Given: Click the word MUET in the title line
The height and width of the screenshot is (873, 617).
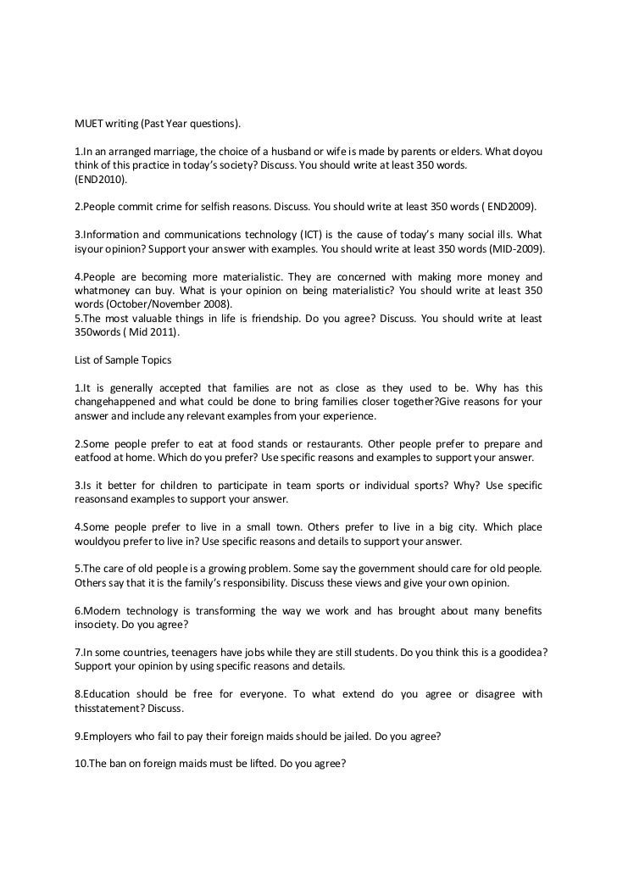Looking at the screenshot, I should pyautogui.click(x=89, y=124).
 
